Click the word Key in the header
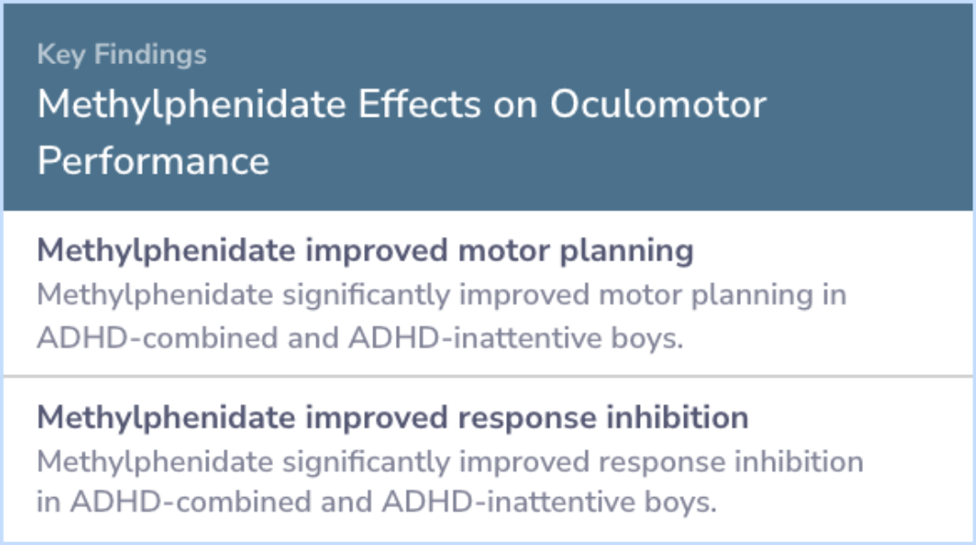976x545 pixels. pos(61,55)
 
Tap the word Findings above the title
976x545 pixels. pos(150,55)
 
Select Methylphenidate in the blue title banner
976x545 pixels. pos(192,104)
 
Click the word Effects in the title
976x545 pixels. pos(419,104)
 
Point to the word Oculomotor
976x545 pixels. pos(658,104)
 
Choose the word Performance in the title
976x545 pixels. pos(153,161)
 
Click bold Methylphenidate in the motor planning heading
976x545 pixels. pos(166,251)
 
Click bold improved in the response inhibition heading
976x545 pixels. pos(376,418)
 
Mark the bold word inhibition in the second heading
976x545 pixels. pos(677,418)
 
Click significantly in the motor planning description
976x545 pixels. pos(366,296)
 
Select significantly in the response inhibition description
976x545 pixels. pos(366,463)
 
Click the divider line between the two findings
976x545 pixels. pos(488,376)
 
